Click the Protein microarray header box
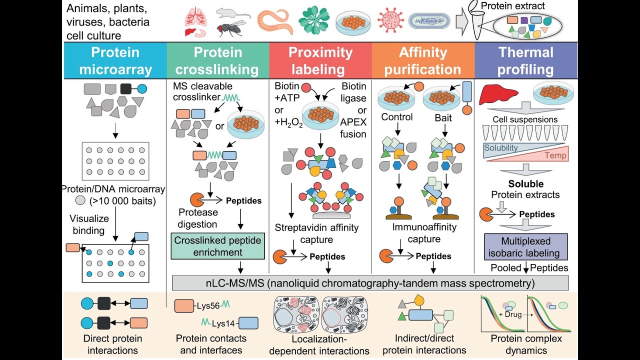tap(115, 60)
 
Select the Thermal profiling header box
tap(525, 60)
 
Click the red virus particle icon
tap(390, 21)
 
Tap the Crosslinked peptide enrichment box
tap(217, 246)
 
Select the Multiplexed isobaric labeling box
tap(525, 246)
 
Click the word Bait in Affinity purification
tap(443, 117)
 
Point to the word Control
tap(397, 117)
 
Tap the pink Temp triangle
tap(545, 153)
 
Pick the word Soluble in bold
tap(525, 183)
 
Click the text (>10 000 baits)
tap(116, 201)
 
